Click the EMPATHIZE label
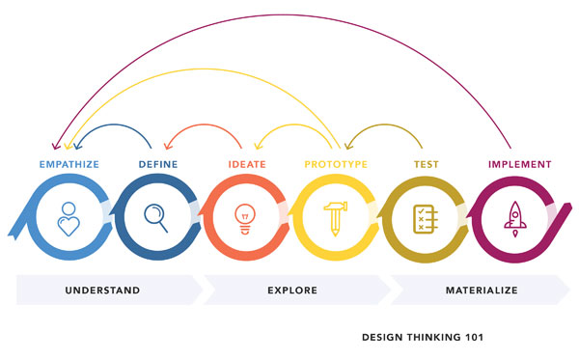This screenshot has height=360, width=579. coord(68,165)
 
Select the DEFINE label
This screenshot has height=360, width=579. coord(157,165)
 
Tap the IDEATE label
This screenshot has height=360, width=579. coord(247,165)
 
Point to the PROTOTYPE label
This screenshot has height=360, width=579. coord(336,165)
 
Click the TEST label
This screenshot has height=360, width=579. coord(427,165)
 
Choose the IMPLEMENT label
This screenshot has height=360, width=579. coord(519,165)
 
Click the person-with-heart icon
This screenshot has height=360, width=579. coord(68,219)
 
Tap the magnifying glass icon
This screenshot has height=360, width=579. coord(157,217)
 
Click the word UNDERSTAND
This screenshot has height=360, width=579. coord(103,290)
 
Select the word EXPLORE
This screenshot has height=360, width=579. coord(291,290)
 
